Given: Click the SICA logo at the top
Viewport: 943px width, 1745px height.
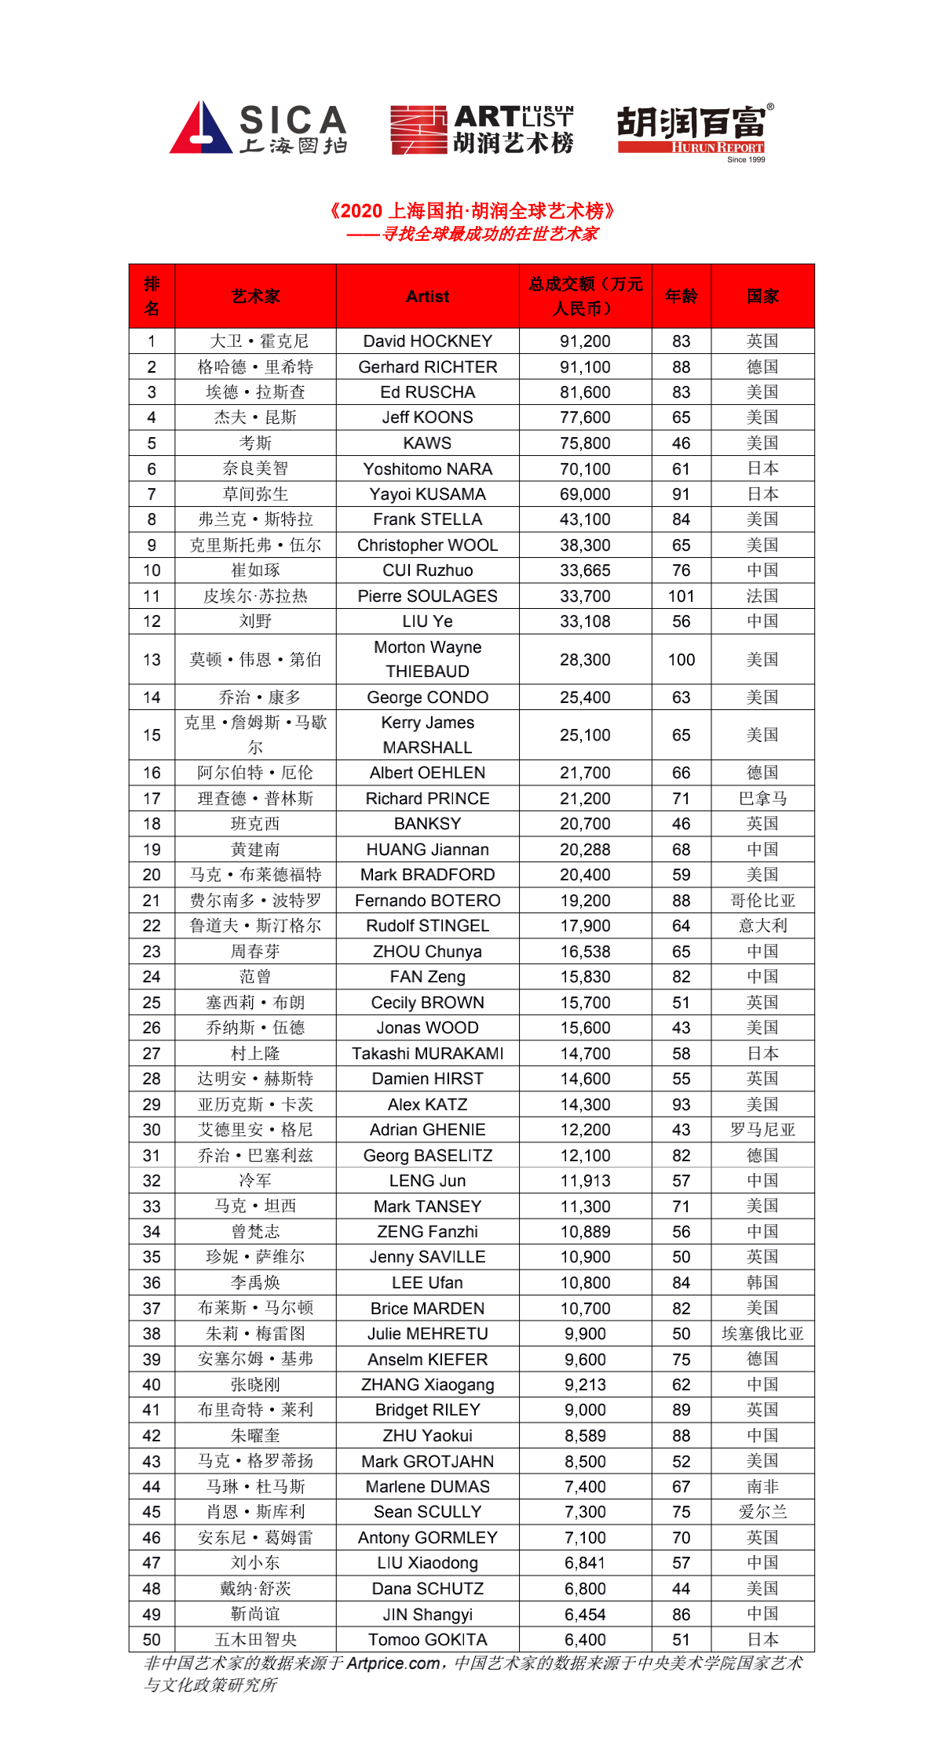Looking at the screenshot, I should [258, 128].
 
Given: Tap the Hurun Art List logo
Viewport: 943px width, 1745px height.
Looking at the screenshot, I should [482, 129].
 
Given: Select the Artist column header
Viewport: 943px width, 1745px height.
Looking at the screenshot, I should [427, 297].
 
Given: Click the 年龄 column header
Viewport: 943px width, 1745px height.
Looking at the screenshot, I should [681, 297].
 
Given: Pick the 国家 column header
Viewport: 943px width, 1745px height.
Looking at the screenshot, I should [762, 297].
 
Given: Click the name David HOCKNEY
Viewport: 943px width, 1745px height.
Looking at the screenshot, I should [427, 341].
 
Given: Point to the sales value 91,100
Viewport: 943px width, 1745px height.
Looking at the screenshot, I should [585, 367].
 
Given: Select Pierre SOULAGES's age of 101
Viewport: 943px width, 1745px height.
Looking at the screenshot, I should [681, 596].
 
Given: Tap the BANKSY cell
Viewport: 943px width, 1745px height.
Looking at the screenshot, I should [427, 824].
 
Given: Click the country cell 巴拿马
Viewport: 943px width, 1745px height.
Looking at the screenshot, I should [762, 799].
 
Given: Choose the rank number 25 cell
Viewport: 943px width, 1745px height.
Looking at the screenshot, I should [152, 1003].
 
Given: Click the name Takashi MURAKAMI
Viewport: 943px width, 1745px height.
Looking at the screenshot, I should [427, 1054].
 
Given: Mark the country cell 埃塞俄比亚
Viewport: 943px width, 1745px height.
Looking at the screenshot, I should [762, 1334].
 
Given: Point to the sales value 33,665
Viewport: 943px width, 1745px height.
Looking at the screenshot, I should [585, 570].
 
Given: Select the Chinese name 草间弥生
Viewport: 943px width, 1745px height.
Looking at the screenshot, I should [255, 494].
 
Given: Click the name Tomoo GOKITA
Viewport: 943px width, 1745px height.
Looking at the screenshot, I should [427, 1640].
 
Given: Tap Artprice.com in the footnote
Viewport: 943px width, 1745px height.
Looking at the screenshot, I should [393, 1663].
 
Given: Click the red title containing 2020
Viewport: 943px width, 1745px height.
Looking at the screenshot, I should [472, 211].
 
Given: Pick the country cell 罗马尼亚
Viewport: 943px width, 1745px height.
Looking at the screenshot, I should [762, 1130].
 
